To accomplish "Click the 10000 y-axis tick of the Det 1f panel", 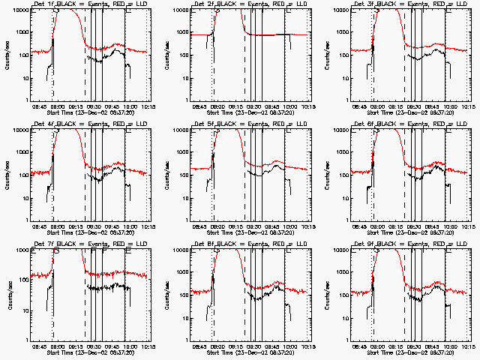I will pyautogui.click(x=19, y=10).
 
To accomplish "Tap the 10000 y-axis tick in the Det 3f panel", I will pyautogui.click(x=339, y=10).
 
